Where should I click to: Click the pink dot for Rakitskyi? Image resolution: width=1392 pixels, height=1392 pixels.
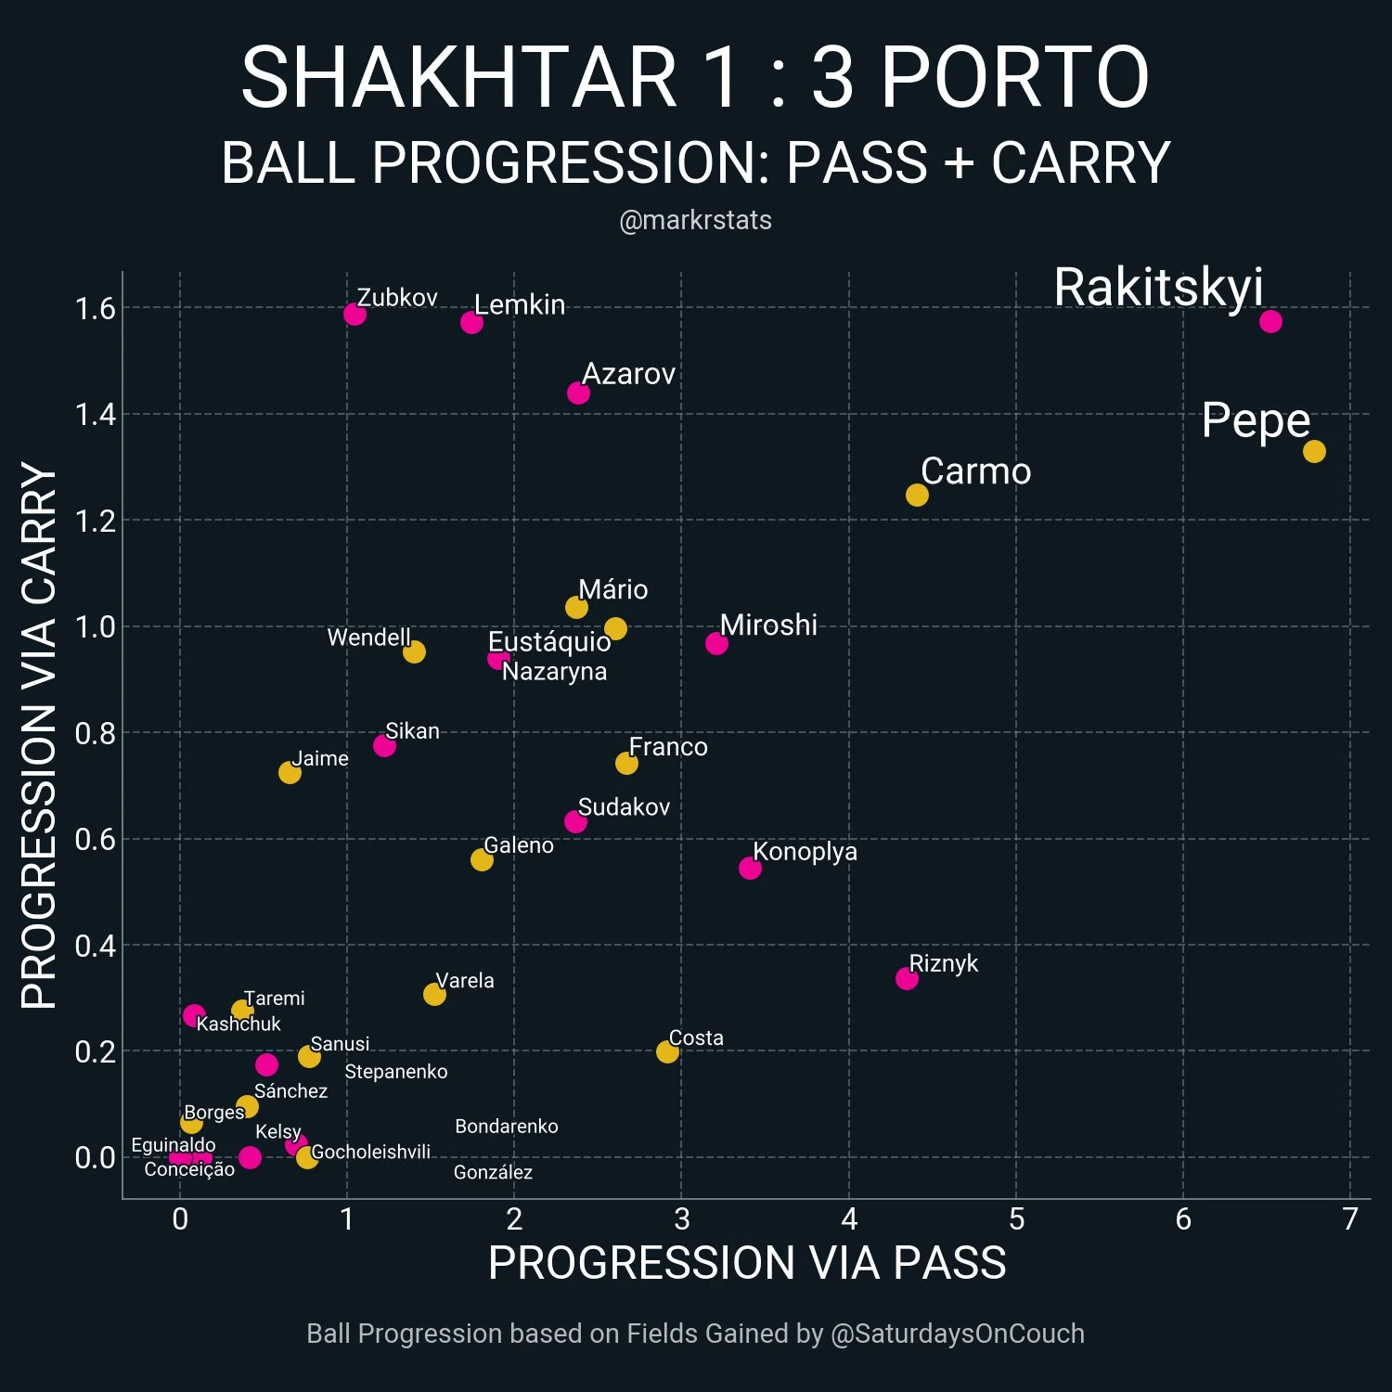click(1270, 321)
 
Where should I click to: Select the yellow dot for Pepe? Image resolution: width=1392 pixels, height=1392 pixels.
click(1314, 451)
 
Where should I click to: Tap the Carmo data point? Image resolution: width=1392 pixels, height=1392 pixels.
click(917, 495)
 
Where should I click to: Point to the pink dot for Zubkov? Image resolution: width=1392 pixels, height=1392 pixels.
click(354, 314)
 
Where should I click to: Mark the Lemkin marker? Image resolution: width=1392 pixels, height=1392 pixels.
click(471, 322)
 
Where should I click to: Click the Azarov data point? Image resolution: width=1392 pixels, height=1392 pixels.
click(578, 393)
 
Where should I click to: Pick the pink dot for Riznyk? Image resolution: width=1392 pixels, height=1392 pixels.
click(907, 978)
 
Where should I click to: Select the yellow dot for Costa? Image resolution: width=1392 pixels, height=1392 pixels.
click(667, 1051)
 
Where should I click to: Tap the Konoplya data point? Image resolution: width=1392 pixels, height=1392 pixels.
click(750, 868)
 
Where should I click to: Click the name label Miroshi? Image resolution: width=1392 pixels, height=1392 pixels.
click(768, 625)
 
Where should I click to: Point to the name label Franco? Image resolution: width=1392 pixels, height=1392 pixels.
click(668, 747)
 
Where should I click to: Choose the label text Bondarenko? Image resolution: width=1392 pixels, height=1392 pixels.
click(507, 1127)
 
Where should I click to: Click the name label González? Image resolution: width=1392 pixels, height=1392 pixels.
click(493, 1172)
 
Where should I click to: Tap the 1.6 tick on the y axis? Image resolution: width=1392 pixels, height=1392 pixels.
click(96, 308)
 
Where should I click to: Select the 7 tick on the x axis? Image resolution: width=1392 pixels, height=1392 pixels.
click(1350, 1218)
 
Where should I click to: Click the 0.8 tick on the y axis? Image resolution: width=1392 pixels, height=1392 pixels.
click(96, 733)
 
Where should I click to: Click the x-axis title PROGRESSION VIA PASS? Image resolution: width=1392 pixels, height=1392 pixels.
click(747, 1263)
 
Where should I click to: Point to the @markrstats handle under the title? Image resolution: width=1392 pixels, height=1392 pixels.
click(695, 220)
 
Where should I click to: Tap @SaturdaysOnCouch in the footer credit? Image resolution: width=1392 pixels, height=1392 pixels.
click(957, 1334)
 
